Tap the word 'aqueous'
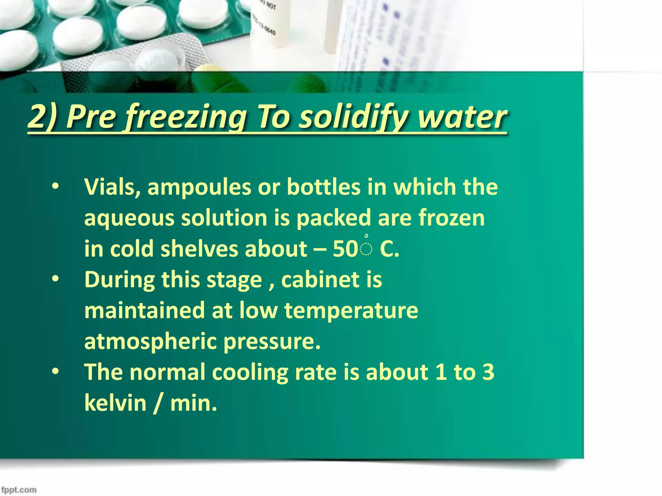(129, 218)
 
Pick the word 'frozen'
(452, 218)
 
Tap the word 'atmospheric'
(150, 342)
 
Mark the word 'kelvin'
(115, 403)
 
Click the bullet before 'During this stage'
(56, 280)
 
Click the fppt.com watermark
(19, 490)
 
